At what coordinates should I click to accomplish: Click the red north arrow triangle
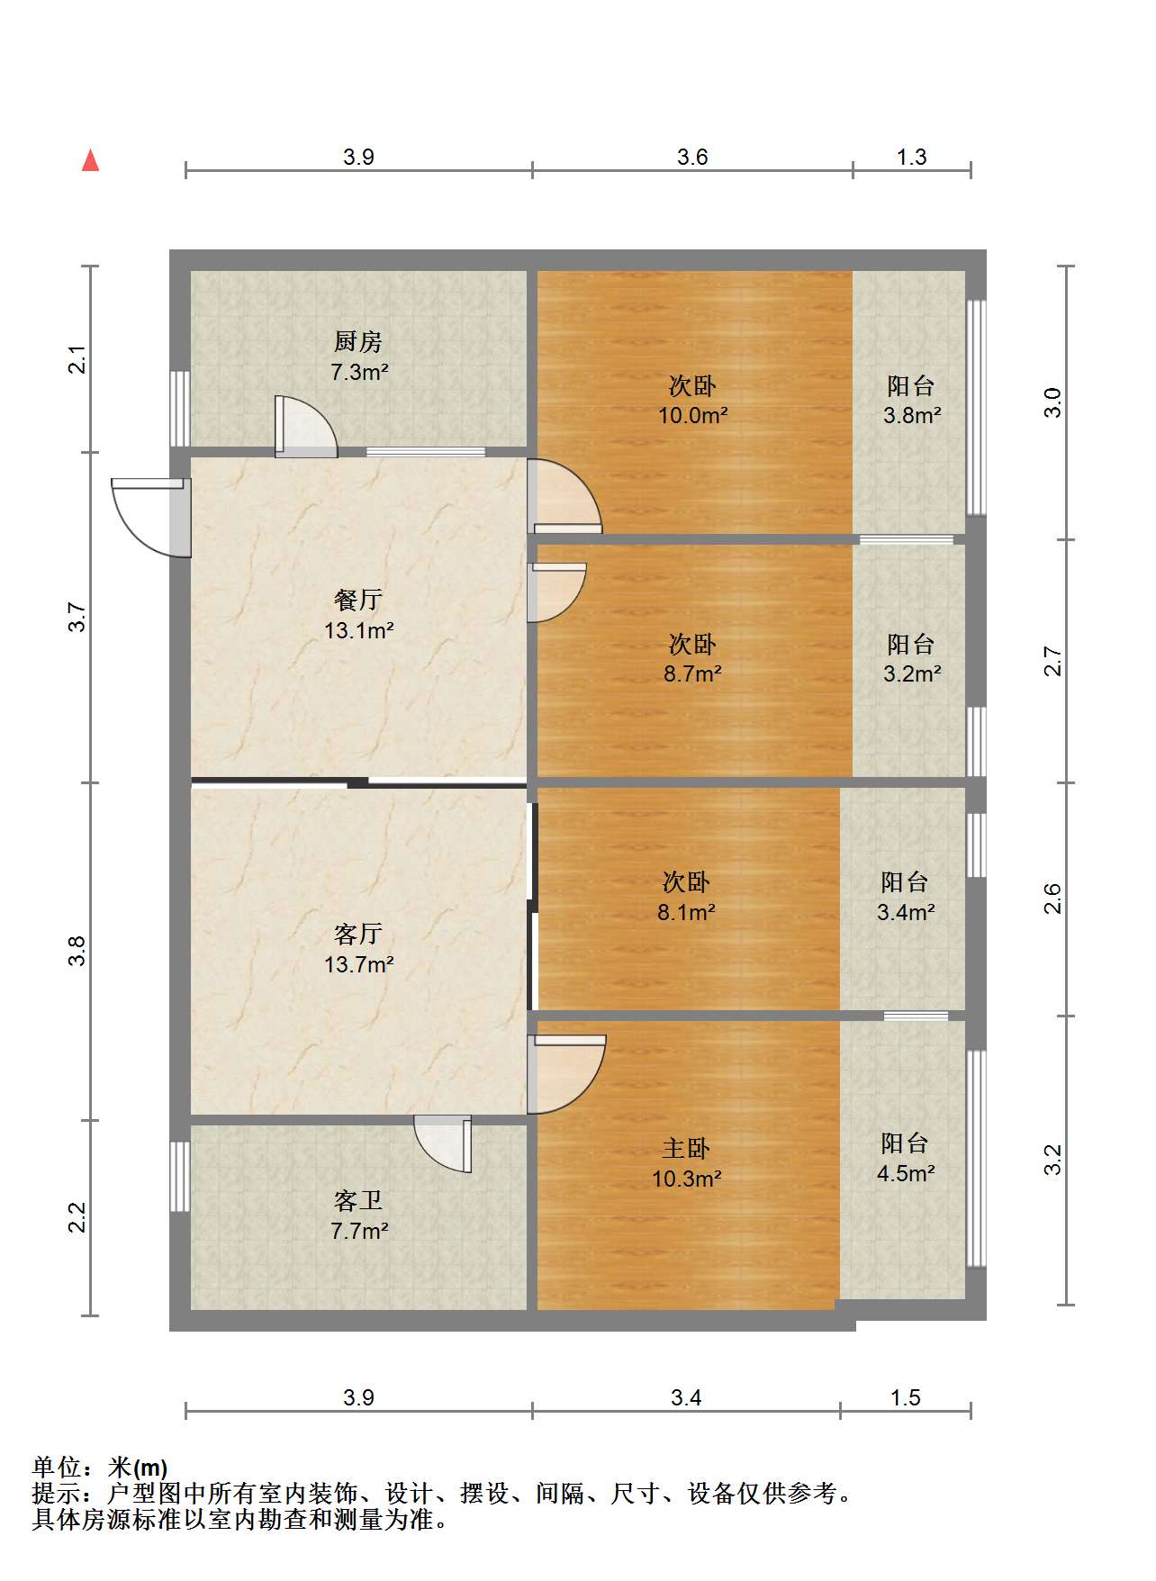pos(90,160)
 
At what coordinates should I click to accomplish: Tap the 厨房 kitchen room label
pos(358,341)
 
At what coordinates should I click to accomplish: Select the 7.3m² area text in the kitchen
pos(359,371)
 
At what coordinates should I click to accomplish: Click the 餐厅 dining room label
pos(358,600)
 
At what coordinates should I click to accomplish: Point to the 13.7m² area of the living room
pos(359,964)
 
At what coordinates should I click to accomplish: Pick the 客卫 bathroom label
pos(358,1200)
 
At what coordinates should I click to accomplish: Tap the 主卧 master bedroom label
pos(686,1148)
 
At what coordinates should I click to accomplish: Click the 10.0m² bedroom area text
pos(692,415)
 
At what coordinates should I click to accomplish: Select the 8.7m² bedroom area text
pos(692,673)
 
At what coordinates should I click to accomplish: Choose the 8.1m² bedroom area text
pos(686,912)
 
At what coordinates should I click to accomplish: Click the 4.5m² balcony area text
pos(906,1173)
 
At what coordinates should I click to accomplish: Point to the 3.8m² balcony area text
pos(912,415)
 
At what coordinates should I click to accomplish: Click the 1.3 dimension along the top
pos(911,157)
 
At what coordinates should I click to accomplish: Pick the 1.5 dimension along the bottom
pos(905,1397)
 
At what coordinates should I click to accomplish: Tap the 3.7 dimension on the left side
pos(77,617)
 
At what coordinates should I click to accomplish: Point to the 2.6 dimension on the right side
pos(1053,899)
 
